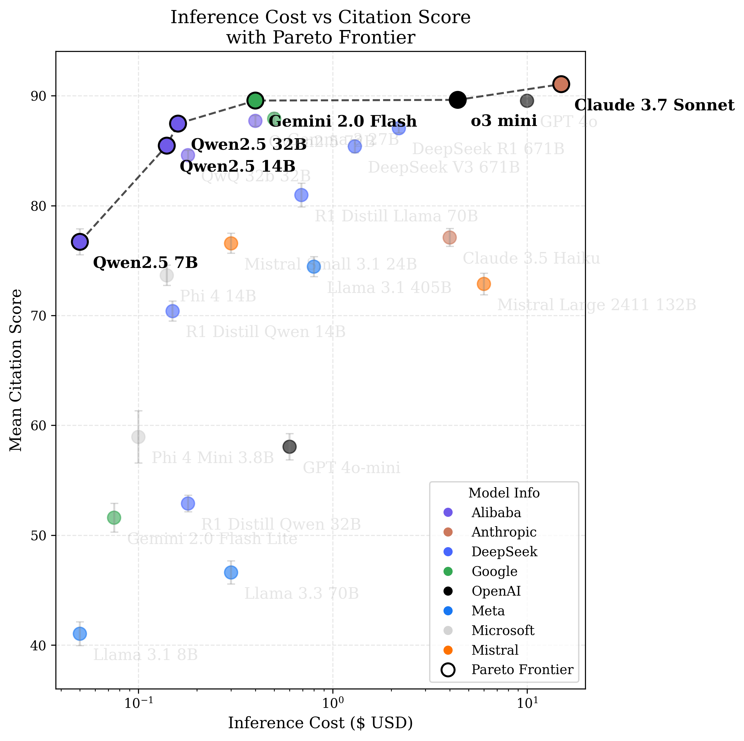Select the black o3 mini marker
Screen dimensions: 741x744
tap(458, 100)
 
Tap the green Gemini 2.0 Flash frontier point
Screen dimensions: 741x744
tap(255, 100)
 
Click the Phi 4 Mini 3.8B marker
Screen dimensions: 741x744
tap(138, 437)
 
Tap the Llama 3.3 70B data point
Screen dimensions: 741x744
tap(231, 572)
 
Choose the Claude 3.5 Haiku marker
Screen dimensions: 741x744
tap(449, 238)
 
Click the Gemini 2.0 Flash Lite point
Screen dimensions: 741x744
tap(114, 517)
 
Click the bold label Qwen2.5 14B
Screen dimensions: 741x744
tap(237, 167)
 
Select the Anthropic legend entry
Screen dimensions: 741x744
tap(503, 532)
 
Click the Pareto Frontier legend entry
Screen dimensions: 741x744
tap(522, 669)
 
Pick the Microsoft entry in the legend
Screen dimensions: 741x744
tap(503, 630)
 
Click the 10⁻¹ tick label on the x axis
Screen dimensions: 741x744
tap(137, 704)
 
